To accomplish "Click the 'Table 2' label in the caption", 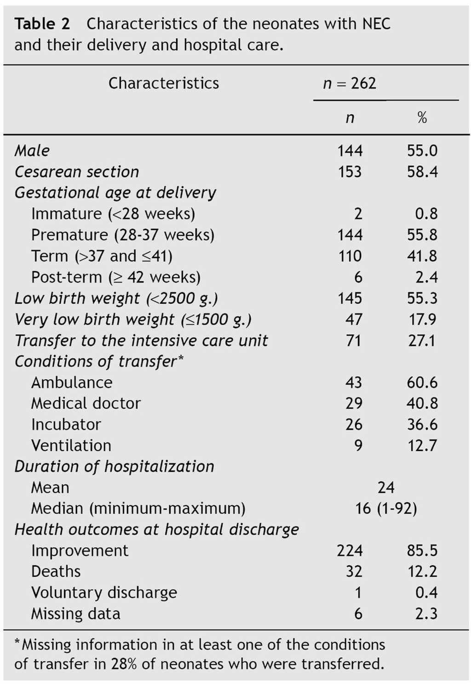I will coord(42,23).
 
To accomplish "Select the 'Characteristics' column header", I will coord(163,83).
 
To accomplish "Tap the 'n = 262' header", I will coord(350,83).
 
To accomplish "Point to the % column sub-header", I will coord(422,118).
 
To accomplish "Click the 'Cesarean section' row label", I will coord(77,172).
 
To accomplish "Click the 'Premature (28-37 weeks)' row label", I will coord(122,235).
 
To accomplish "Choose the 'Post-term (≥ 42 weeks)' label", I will coord(115,277).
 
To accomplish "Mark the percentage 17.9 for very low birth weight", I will coord(422,319).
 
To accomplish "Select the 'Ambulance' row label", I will coord(71,382).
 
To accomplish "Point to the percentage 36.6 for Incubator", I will coord(422,424).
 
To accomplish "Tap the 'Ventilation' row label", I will coord(71,445).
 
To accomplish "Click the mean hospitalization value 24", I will coord(386,487).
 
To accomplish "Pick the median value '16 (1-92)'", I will coord(386,508).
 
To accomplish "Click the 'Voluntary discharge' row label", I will coord(103,593).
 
